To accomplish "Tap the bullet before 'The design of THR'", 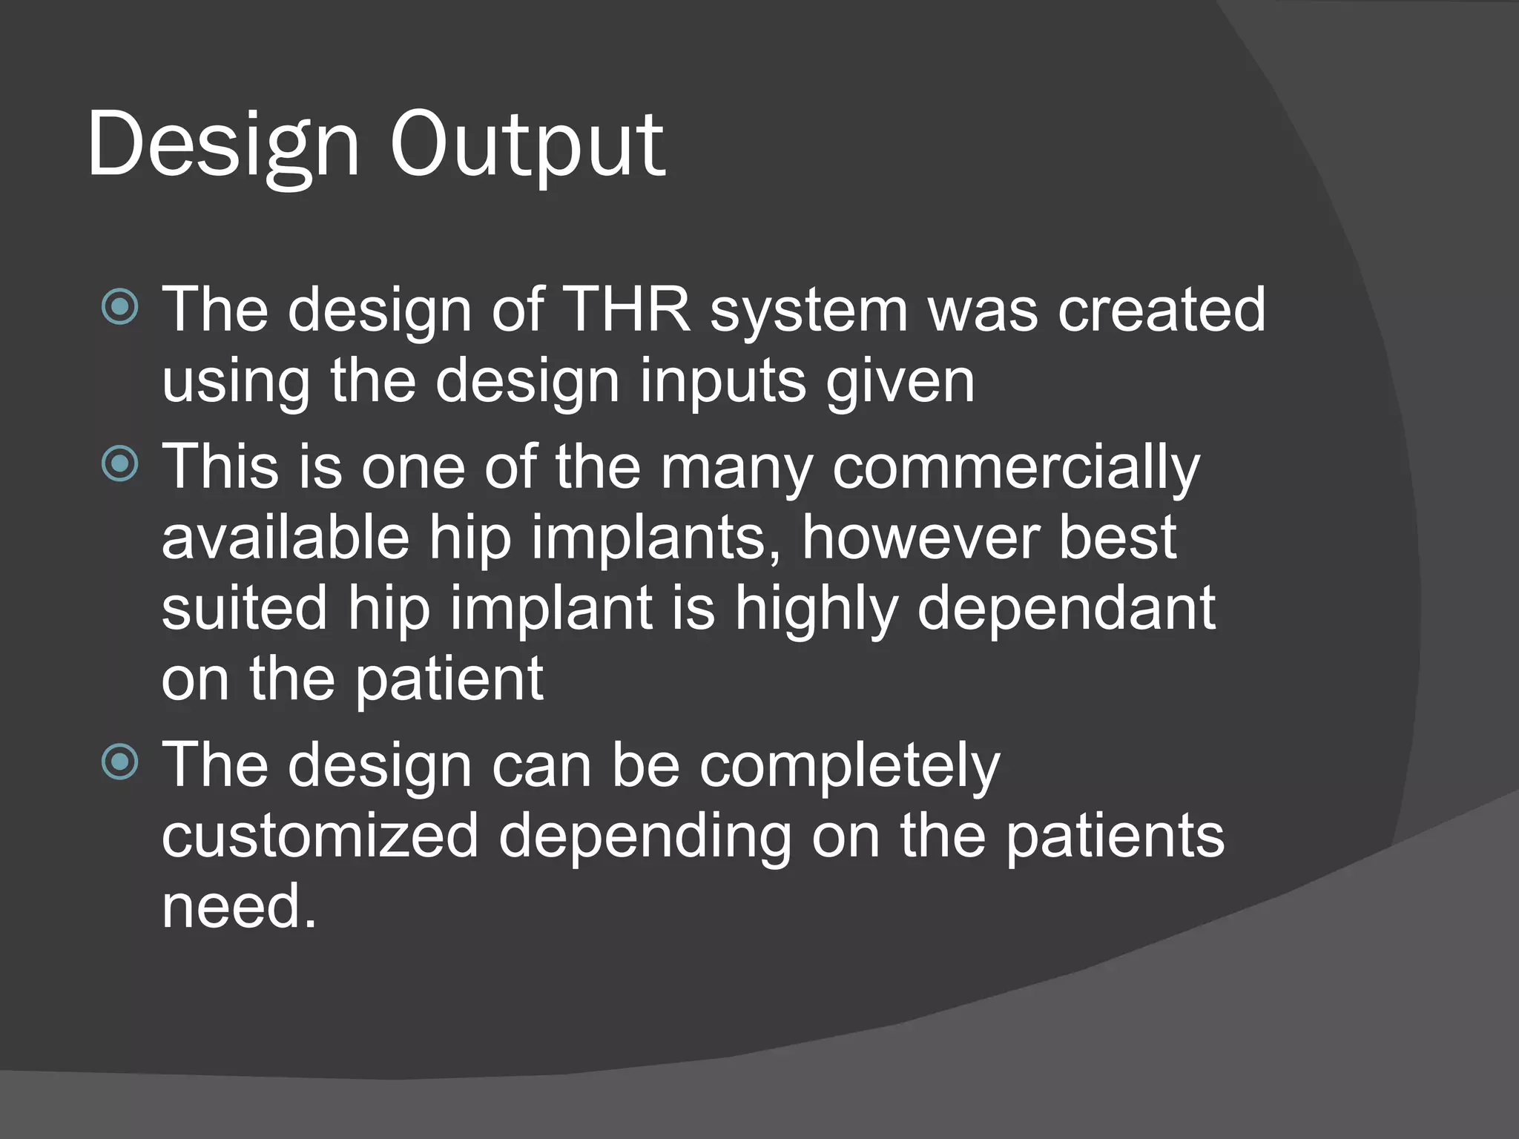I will pyautogui.click(x=119, y=307).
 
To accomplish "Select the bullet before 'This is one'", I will pyautogui.click(x=119, y=464).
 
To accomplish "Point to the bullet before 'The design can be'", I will pyautogui.click(x=119, y=762).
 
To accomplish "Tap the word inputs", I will pyautogui.click(x=722, y=381).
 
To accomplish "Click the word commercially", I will pyautogui.click(x=1015, y=467).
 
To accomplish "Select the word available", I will pyautogui.click(x=286, y=537).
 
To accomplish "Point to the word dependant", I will pyautogui.click(x=1066, y=608).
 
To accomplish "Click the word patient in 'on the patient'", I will pyautogui.click(x=449, y=679).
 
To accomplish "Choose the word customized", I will pyautogui.click(x=320, y=836).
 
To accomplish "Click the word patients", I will pyautogui.click(x=1114, y=836).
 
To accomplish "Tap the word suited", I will pyautogui.click(x=244, y=608).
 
